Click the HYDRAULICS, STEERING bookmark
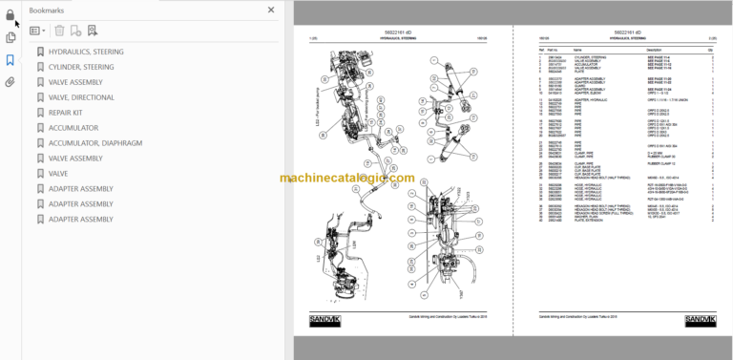pos(86,52)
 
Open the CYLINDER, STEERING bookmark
pos(81,67)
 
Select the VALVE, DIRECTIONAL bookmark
pos(81,97)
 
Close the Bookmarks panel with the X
pos(271,11)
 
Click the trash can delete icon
pos(60,31)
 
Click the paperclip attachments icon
pos(10,82)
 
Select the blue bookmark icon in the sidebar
pos(10,60)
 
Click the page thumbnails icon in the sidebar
pos(10,37)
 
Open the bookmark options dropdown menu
pos(37,31)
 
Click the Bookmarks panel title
pos(48,11)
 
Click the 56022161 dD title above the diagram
pos(398,31)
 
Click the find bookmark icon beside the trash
pos(93,31)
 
